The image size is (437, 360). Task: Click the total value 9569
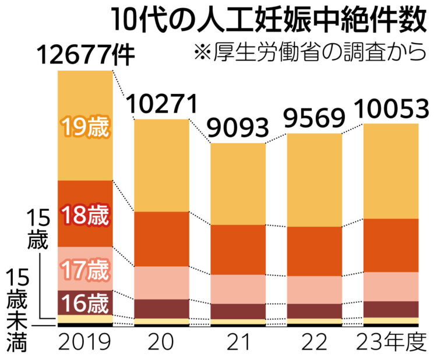tap(315, 119)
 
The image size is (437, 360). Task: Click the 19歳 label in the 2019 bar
tap(85, 128)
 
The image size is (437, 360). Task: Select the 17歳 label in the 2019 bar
tap(85, 270)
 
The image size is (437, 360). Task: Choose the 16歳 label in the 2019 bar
tap(85, 303)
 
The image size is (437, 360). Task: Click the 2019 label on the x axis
tap(85, 341)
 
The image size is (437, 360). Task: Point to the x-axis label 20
tap(162, 341)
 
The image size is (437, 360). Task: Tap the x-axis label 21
tap(238, 341)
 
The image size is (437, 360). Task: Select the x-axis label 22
tap(315, 341)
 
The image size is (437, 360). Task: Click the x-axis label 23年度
tap(391, 341)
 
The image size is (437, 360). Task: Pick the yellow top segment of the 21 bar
tap(238, 183)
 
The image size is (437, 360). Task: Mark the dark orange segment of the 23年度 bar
tap(391, 245)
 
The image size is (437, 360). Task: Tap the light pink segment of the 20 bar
tap(162, 283)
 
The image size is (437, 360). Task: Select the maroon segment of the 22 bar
tap(315, 311)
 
